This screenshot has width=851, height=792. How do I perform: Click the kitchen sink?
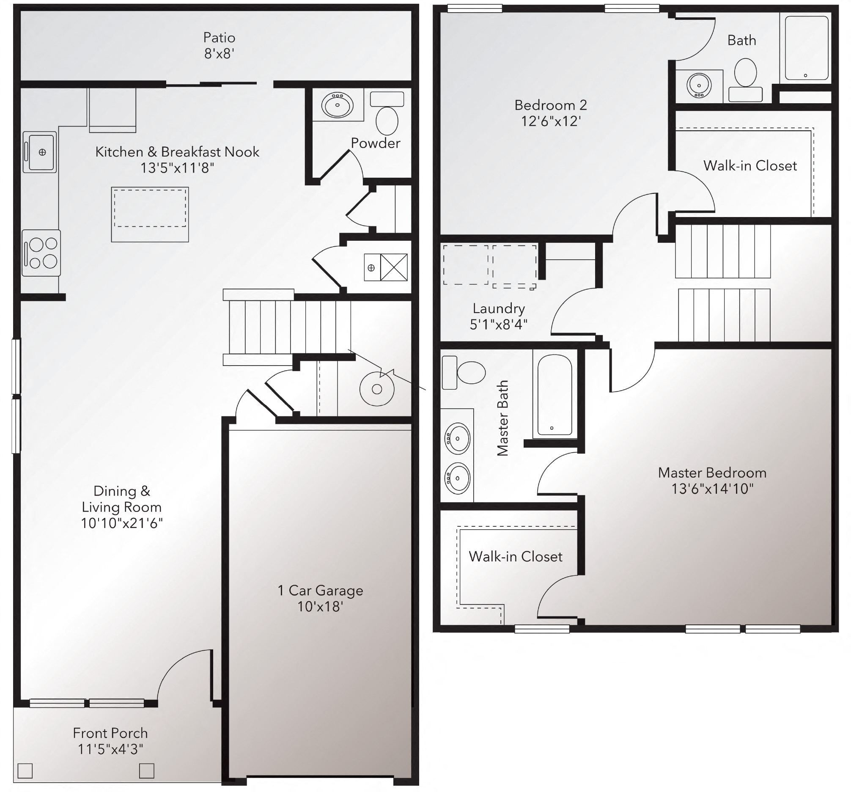click(x=40, y=152)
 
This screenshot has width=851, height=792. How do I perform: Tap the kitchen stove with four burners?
click(x=41, y=253)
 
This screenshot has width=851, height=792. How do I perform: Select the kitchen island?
click(x=150, y=214)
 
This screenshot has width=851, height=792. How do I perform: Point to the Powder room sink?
click(x=338, y=105)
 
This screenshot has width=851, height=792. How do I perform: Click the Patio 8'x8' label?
click(x=219, y=45)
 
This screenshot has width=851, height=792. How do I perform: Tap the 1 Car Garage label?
click(x=320, y=590)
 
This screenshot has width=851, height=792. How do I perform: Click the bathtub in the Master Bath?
click(x=555, y=395)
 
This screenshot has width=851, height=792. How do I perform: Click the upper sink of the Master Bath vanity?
click(x=458, y=438)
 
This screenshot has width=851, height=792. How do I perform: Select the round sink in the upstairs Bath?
click(x=699, y=85)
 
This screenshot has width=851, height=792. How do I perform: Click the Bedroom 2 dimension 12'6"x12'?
click(x=551, y=121)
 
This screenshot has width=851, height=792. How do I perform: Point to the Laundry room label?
click(x=499, y=308)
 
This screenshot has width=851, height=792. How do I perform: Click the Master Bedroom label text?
click(x=712, y=473)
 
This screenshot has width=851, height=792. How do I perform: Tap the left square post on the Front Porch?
click(x=25, y=771)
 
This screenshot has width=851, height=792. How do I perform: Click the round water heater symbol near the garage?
click(x=377, y=389)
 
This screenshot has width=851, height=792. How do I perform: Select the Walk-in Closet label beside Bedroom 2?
click(x=750, y=166)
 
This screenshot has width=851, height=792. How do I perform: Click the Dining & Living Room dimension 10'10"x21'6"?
click(x=122, y=523)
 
